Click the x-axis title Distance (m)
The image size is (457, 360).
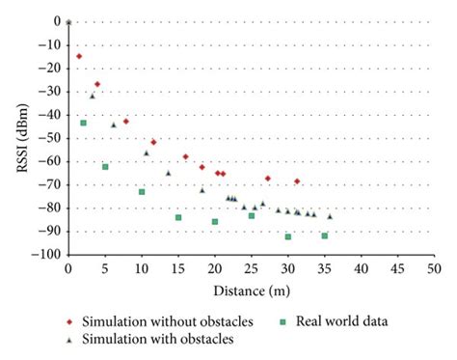tap(250, 289)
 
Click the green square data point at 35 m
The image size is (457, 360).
tap(324, 236)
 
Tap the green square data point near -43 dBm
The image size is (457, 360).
tap(83, 123)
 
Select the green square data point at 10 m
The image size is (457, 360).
tap(142, 192)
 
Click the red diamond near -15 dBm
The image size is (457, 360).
tap(79, 56)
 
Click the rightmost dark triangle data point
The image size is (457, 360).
tap(330, 216)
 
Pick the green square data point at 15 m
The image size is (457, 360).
tap(178, 217)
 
